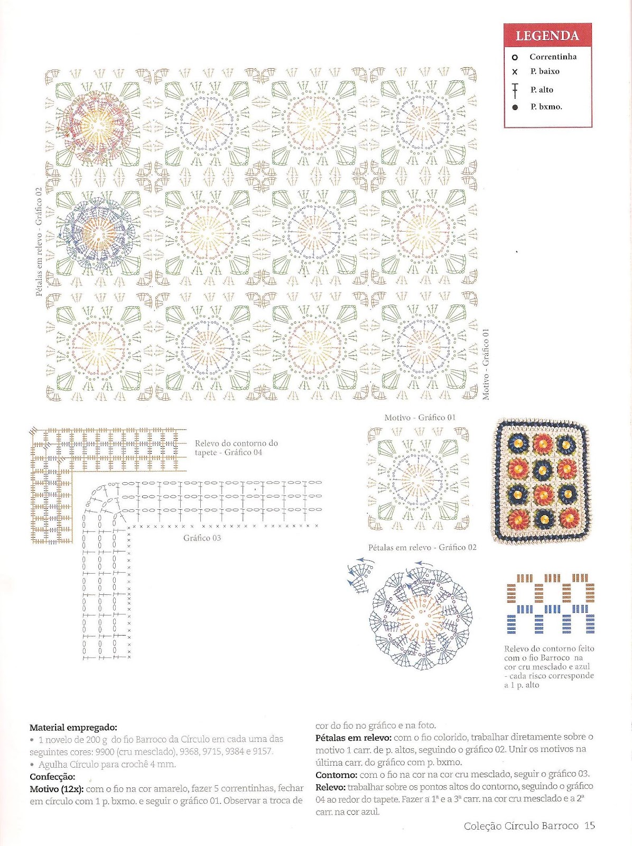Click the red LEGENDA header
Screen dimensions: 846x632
click(547, 36)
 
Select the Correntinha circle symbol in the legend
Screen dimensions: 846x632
click(515, 57)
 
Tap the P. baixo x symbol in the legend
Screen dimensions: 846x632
click(515, 72)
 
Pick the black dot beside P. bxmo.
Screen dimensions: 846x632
click(515, 107)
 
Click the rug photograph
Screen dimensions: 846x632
click(541, 481)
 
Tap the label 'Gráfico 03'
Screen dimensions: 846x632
click(202, 538)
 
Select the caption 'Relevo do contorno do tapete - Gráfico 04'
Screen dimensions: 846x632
click(236, 448)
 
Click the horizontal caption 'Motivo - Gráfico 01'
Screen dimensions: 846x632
click(420, 418)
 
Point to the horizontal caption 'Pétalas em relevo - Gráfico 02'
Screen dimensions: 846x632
click(422, 548)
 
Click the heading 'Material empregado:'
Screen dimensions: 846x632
click(73, 728)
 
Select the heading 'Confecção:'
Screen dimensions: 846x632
click(52, 777)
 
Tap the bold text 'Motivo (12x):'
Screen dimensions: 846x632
click(56, 789)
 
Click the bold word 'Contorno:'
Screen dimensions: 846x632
click(336, 775)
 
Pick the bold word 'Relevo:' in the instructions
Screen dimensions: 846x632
click(330, 787)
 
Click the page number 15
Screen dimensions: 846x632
click(590, 825)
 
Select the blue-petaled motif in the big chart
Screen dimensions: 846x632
click(95, 233)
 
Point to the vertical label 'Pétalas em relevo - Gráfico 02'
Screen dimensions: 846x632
click(39, 242)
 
